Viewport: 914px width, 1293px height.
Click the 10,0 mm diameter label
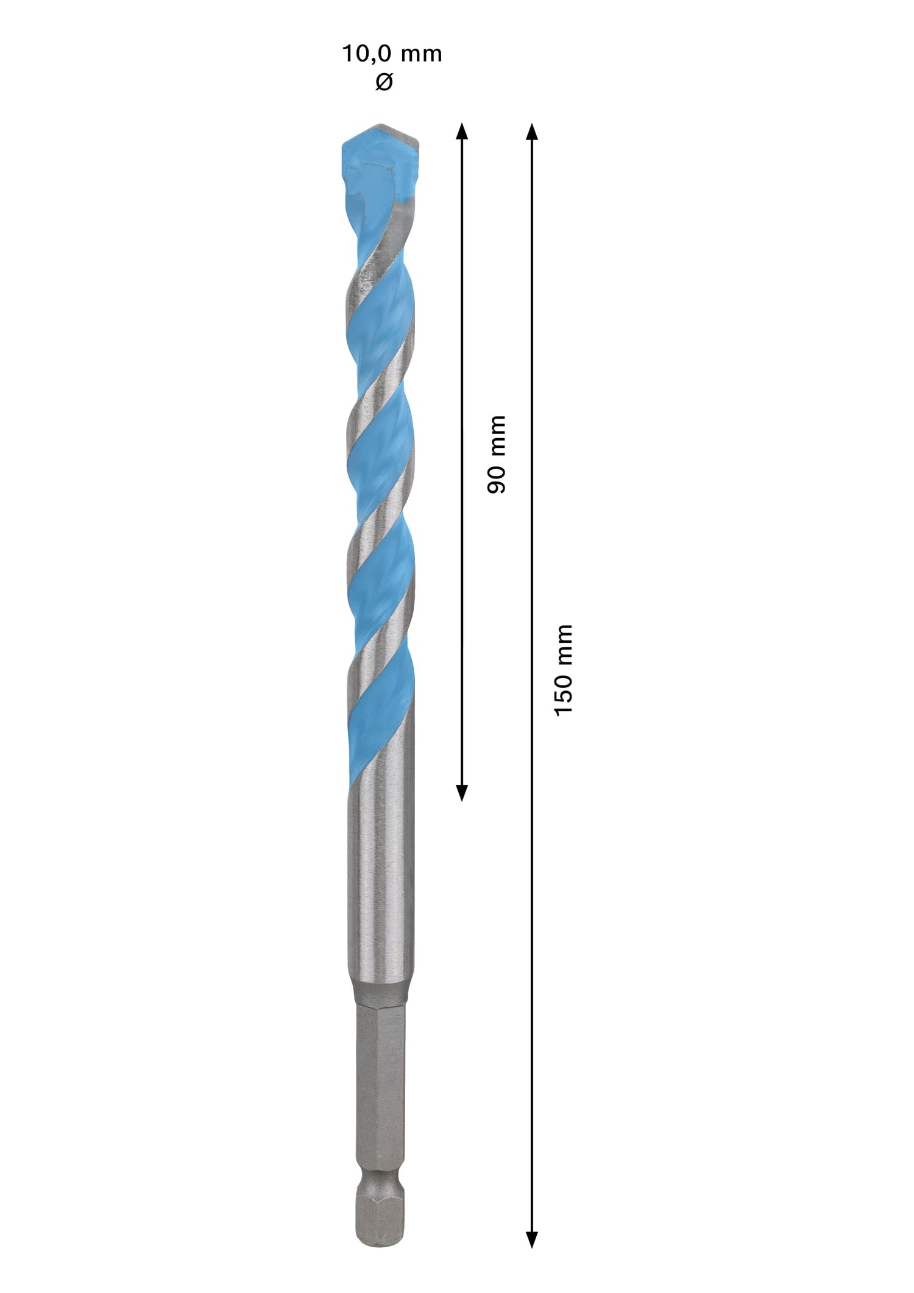(x=391, y=54)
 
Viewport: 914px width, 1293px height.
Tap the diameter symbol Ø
(x=384, y=82)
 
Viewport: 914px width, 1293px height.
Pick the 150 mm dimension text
(x=564, y=670)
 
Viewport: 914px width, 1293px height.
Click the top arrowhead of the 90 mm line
(x=462, y=130)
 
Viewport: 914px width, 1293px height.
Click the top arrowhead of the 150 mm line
(x=532, y=130)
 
